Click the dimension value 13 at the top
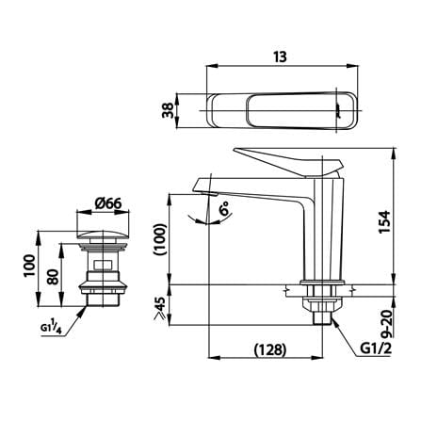[280, 57]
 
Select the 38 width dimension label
[168, 110]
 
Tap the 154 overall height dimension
[384, 221]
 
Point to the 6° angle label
[224, 208]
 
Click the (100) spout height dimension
[160, 239]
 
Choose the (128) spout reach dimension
[270, 349]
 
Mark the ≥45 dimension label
[159, 309]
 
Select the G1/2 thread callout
[376, 348]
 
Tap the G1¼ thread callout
[51, 326]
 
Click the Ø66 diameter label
[108, 203]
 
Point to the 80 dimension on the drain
[53, 276]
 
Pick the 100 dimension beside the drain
[29, 266]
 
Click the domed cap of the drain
[103, 235]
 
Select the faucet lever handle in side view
[288, 161]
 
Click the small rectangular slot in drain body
[103, 265]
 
